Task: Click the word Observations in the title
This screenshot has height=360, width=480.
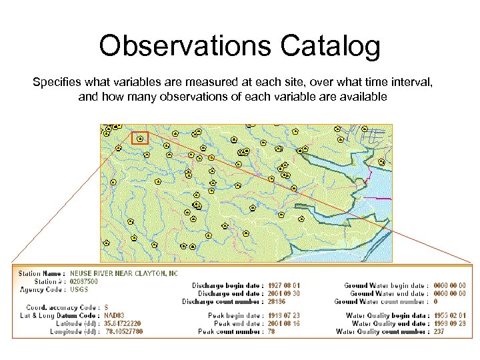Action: click(x=185, y=46)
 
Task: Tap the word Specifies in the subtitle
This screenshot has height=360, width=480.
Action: click(x=54, y=82)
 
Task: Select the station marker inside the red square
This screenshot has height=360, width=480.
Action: click(x=139, y=139)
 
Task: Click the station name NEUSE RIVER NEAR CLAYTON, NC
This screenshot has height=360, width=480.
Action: click(x=124, y=274)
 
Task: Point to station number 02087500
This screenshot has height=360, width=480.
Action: click(x=84, y=282)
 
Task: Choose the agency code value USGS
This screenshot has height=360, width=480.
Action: click(x=79, y=290)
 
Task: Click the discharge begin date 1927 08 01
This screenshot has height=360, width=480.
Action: click(x=284, y=285)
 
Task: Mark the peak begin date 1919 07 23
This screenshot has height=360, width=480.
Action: click(x=284, y=315)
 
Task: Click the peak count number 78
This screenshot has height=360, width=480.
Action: click(x=272, y=331)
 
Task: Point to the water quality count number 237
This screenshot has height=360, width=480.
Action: click(x=439, y=331)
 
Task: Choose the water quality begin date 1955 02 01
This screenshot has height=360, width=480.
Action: click(x=449, y=315)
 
